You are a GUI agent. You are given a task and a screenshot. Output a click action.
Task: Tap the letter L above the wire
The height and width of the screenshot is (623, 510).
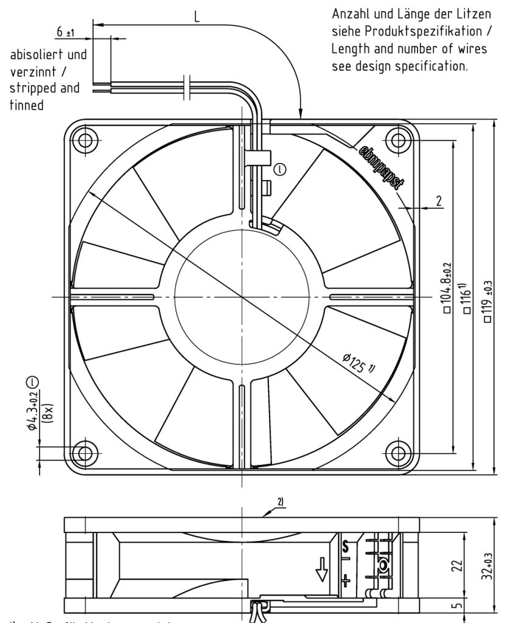pos(197,16)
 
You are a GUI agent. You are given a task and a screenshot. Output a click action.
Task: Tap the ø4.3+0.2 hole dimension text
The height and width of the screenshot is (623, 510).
pos(32,403)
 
